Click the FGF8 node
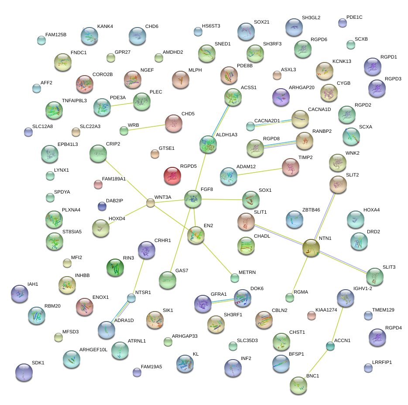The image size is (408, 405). coord(192,199)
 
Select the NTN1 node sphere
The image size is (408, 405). coord(311,248)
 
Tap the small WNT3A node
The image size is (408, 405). coord(151,203)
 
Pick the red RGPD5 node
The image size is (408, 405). coord(172,176)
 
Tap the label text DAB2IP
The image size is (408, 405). coord(115,201)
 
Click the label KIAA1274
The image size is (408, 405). coord(327,310)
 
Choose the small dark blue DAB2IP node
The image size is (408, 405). coord(102,206)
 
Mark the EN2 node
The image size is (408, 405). coord(196,235)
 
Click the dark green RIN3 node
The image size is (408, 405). coord(115,267)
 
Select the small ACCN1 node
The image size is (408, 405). coord(330,346)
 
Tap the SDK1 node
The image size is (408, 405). coord(24,372)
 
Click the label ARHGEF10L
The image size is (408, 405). coord(93,350)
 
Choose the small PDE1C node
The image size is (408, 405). coord(343,23)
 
